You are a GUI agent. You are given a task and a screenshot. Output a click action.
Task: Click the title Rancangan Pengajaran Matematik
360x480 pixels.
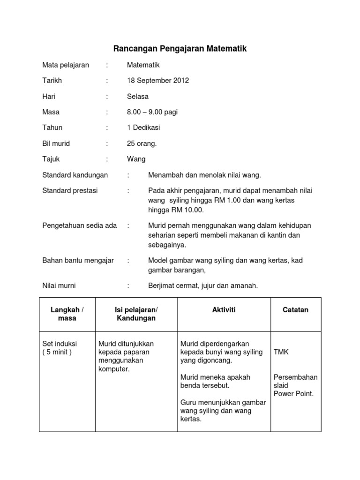click(180, 49)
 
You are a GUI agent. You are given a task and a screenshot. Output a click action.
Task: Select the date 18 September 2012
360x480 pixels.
click(157, 81)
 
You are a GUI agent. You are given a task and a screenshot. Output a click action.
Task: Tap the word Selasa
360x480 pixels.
click(137, 97)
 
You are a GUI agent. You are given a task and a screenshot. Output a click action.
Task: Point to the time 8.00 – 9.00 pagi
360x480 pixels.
click(152, 112)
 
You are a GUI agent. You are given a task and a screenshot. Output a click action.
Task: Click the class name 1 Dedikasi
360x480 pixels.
click(143, 127)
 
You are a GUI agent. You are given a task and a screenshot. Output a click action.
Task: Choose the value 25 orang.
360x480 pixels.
click(142, 143)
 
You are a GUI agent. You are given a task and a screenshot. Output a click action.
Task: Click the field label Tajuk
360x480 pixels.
click(51, 159)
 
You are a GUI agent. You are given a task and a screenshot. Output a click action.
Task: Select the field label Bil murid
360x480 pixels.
click(56, 143)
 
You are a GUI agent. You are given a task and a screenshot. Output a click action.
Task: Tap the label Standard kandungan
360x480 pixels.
click(75, 175)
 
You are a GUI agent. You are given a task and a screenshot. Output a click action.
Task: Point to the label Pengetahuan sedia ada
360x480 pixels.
click(79, 225)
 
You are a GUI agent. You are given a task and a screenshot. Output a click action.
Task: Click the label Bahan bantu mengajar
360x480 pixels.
click(78, 261)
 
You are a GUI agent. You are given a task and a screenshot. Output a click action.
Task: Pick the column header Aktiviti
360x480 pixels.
click(224, 310)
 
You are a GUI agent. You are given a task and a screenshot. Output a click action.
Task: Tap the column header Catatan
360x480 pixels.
click(295, 310)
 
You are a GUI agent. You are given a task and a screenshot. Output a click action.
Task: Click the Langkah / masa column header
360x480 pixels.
click(67, 314)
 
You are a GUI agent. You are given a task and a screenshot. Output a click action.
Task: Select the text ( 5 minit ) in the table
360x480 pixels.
click(57, 352)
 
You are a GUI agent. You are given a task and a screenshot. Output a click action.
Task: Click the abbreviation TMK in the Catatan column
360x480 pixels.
click(281, 352)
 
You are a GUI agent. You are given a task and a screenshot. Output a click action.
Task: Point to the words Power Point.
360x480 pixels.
click(294, 394)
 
